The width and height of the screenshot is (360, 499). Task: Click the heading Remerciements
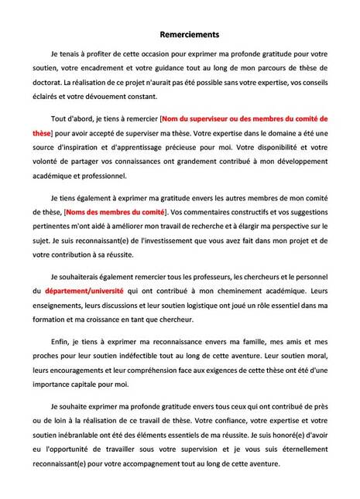click(179, 34)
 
